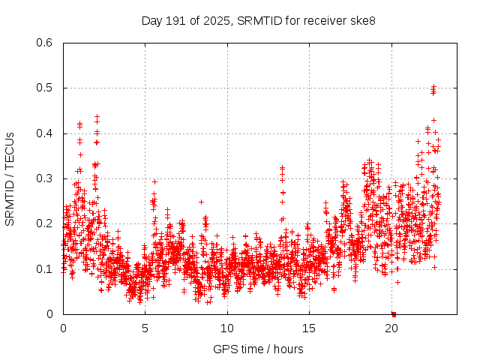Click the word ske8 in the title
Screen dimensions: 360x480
[x=362, y=20]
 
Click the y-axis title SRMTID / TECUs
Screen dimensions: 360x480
[x=10, y=178]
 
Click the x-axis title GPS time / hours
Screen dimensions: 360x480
[x=258, y=349]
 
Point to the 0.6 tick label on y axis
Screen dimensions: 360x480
[x=45, y=43]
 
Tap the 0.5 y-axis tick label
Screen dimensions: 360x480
[x=45, y=88]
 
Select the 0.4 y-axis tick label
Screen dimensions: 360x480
[x=45, y=133]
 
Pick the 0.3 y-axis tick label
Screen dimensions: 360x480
[x=45, y=178]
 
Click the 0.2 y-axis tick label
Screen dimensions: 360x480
[x=45, y=223]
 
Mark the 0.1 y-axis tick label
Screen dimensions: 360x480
[x=45, y=269]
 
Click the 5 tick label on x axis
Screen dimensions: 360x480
[x=145, y=328]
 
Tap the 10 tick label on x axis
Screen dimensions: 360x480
[x=227, y=328]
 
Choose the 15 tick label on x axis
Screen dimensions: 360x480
[x=309, y=328]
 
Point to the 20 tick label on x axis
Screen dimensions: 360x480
[x=391, y=328]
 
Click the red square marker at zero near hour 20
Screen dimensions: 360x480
[x=394, y=313]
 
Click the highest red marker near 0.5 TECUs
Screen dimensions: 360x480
[x=433, y=87]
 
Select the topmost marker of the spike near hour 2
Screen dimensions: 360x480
[x=97, y=116]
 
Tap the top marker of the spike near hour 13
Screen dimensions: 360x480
[x=282, y=168]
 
